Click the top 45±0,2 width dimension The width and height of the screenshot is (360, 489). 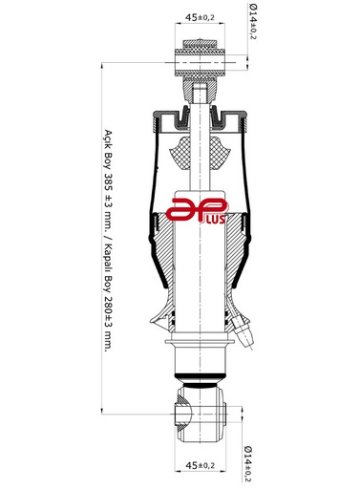coord(200,17)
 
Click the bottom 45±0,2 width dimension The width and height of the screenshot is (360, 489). coord(200,465)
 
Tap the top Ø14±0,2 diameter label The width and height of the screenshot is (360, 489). coord(252,21)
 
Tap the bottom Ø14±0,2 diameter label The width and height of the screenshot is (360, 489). coord(248,464)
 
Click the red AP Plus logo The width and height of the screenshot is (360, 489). coord(198,210)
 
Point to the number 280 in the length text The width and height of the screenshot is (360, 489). coord(108,305)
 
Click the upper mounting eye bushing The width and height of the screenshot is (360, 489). coord(200,62)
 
